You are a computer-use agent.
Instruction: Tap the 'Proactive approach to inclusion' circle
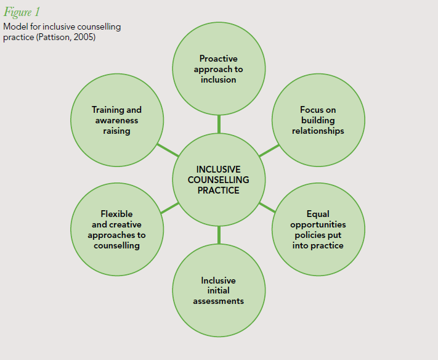[x=219, y=69]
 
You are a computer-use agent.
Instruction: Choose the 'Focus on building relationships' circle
[x=318, y=120]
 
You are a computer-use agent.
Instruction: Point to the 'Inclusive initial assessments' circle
[x=219, y=291]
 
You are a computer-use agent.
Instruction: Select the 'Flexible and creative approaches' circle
[x=117, y=230]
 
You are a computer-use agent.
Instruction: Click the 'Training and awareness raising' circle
[x=117, y=120]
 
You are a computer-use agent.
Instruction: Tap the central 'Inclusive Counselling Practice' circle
[x=219, y=179]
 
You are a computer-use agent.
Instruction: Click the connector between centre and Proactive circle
[x=219, y=125]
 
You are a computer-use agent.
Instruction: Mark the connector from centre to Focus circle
[x=269, y=150]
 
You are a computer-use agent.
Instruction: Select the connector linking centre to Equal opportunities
[x=267, y=207]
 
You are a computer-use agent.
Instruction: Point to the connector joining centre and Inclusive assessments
[x=219, y=235]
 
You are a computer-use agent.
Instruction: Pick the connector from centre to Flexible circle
[x=169, y=207]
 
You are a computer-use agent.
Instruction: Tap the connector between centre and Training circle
[x=168, y=150]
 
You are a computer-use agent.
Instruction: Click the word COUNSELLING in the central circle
[x=219, y=179]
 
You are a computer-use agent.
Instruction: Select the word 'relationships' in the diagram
[x=318, y=131]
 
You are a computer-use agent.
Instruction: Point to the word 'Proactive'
[x=219, y=59]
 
